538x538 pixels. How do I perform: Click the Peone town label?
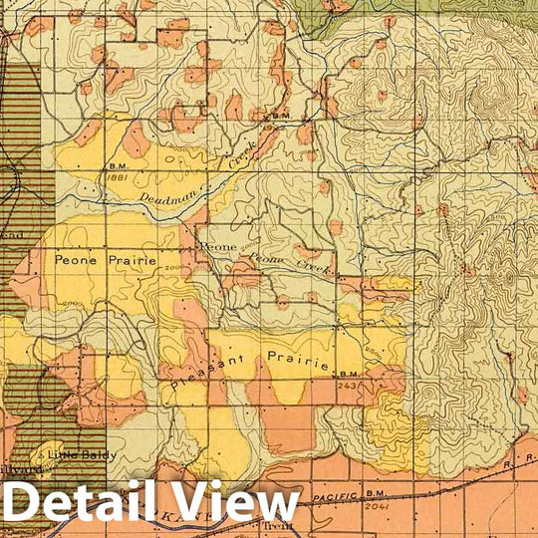[218, 244]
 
